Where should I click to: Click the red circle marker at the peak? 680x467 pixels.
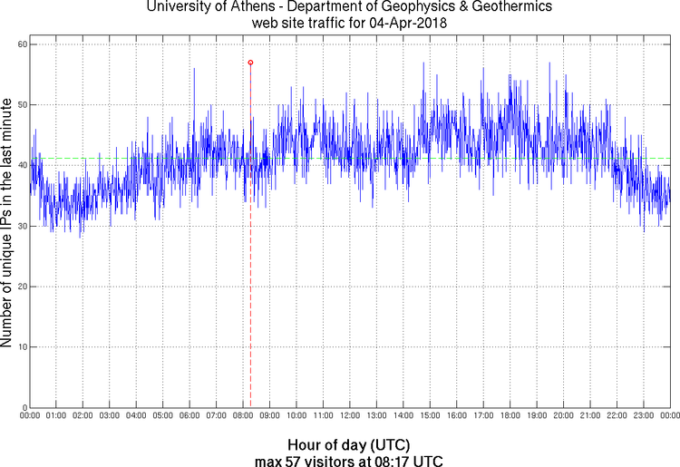(250, 63)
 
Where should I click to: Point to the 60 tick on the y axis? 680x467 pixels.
(21, 44)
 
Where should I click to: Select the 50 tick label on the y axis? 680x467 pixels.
(21, 105)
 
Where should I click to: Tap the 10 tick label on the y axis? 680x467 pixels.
(21, 347)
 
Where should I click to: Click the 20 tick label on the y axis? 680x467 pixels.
(21, 287)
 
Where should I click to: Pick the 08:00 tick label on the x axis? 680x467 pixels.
(243, 416)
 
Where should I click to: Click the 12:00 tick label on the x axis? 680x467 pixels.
(349, 416)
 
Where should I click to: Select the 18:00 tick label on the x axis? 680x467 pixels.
(510, 416)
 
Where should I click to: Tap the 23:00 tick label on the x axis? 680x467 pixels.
(643, 416)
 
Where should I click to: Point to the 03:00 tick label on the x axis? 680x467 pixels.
(109, 416)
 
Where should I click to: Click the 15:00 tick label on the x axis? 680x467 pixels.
(430, 416)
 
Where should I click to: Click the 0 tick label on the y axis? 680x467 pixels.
(24, 407)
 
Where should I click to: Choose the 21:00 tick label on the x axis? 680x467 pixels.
(590, 416)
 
